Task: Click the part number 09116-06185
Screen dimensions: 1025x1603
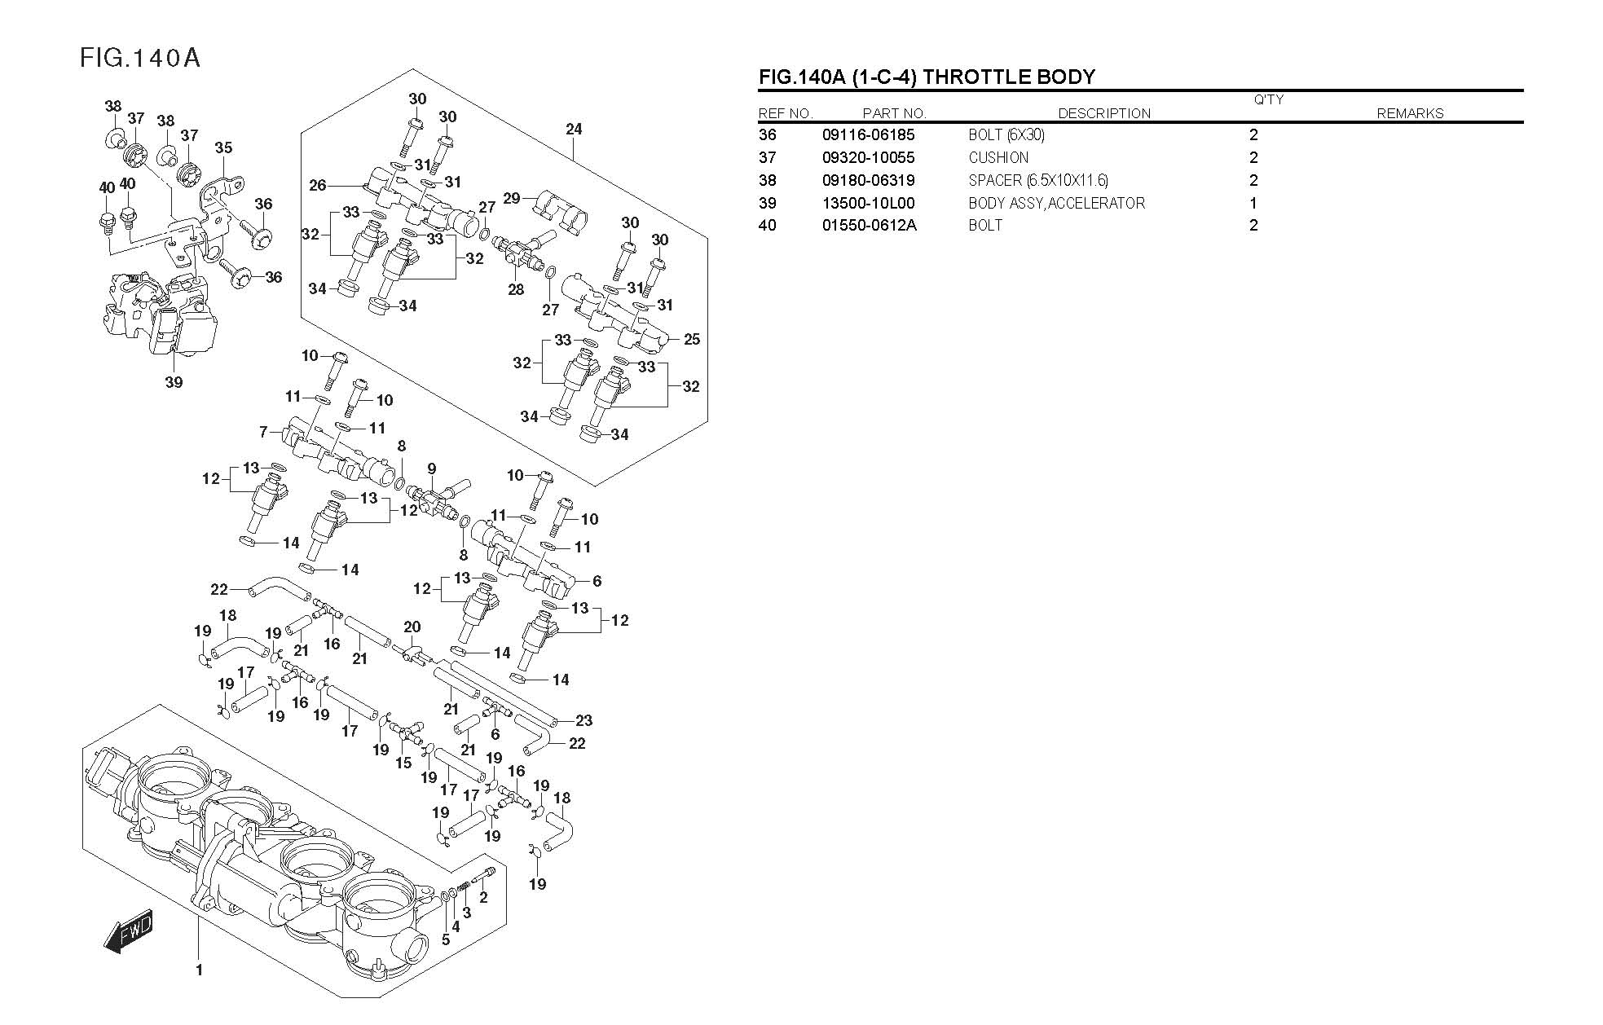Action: pos(868,135)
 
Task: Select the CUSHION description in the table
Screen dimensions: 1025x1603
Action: pos(998,158)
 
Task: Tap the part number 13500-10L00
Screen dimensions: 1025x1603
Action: pos(868,203)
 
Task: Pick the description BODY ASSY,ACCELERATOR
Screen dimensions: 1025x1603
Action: pos(1056,203)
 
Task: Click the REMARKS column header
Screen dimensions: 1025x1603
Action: pos(1410,114)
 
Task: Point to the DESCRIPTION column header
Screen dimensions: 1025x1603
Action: pos(1104,114)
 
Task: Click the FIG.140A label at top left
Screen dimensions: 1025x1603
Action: pos(140,59)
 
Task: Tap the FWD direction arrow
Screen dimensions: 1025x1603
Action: pos(130,930)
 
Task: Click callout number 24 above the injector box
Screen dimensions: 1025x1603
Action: pos(574,129)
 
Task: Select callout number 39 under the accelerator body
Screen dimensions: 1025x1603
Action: pos(174,382)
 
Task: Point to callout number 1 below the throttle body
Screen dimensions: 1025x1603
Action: pos(199,970)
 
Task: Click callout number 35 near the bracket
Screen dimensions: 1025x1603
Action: pos(223,147)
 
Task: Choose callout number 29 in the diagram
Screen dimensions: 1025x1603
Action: pos(512,198)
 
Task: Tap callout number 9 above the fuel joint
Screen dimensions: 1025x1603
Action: pos(432,469)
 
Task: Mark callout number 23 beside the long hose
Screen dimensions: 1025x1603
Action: pos(584,720)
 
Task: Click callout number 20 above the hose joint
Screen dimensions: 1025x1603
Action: pos(412,627)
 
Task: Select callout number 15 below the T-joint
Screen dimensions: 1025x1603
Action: pos(403,763)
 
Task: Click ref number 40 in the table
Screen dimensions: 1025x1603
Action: pos(768,226)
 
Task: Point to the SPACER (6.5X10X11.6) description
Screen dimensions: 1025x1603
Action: pos(1038,181)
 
